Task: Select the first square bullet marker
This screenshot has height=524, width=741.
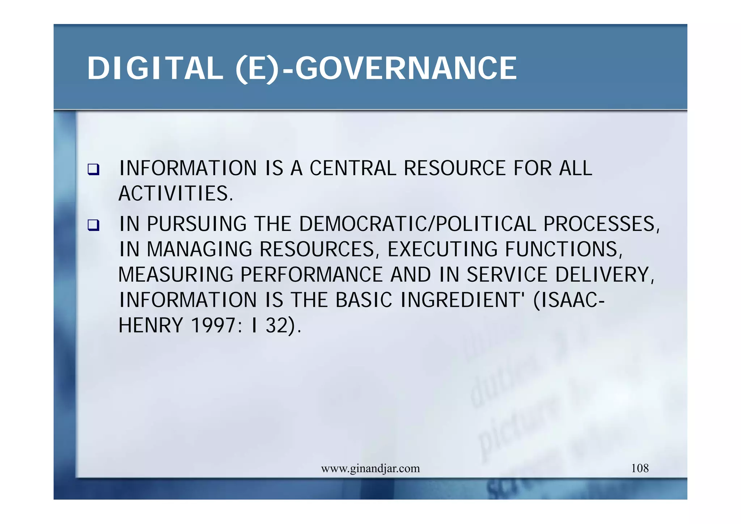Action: [93, 169]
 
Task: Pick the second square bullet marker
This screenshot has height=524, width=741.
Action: [93, 225]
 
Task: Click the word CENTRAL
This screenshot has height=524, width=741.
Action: [353, 168]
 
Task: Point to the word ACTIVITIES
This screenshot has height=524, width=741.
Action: [176, 194]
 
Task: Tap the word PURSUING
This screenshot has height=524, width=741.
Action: [197, 224]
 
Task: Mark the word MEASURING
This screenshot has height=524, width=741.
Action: [176, 275]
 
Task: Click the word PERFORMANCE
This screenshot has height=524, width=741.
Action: [311, 275]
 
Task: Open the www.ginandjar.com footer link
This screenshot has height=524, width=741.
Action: [370, 469]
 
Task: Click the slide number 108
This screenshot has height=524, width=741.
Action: [640, 468]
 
